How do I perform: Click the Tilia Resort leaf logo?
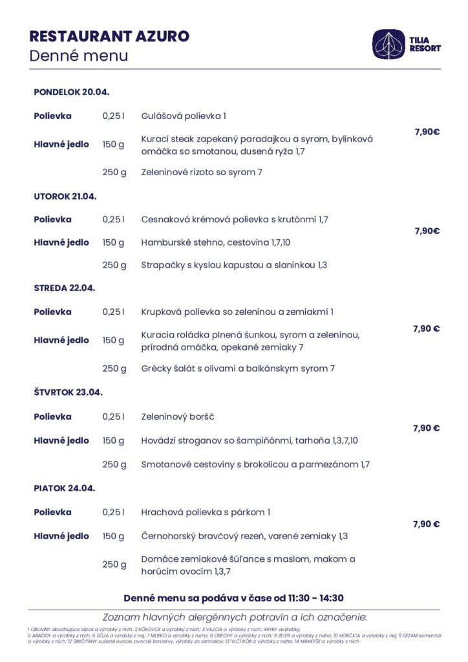pos(388,43)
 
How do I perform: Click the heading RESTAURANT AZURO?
pos(109,36)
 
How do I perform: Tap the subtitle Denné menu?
pos(78,56)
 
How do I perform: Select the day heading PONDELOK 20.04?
pos(71,92)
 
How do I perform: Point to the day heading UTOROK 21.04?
pos(65,196)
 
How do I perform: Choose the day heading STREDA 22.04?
pos(64,288)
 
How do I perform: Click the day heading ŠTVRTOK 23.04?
pos(68,392)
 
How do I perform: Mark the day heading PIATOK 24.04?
pos(64,488)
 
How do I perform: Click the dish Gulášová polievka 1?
pos(184,116)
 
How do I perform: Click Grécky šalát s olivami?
pos(238,368)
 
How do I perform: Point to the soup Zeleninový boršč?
pos(178,416)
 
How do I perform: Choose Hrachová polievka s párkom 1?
pos(206,512)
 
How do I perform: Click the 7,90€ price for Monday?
pos(427,132)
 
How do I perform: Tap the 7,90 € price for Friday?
pos(426,524)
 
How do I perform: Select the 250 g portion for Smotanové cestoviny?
pos(114,464)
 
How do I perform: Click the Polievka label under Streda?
pos(52,312)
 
